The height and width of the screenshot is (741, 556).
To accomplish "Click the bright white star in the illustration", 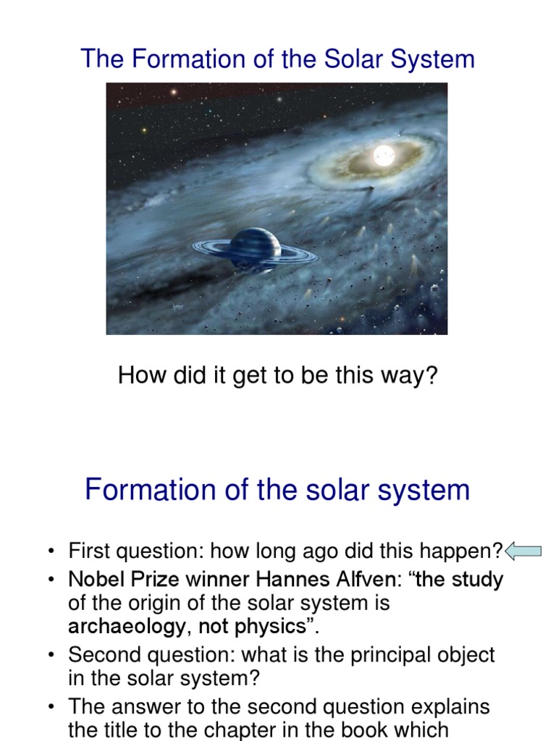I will coord(384,155).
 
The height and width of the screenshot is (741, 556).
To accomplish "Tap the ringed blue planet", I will coord(254,248).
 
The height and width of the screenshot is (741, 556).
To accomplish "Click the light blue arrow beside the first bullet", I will coord(523,552).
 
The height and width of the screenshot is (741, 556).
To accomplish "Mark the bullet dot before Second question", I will coord(52,656).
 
